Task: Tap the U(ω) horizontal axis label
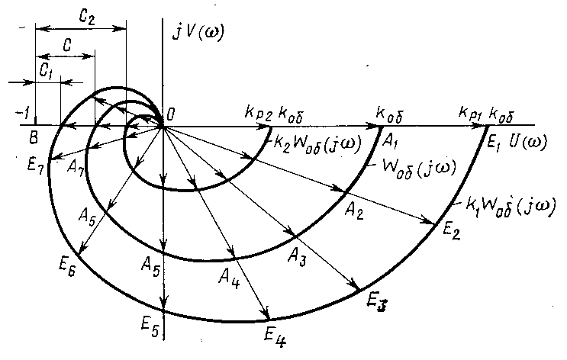pos(525,141)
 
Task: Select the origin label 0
pos(171,114)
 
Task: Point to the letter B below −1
pos(32,138)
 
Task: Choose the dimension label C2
pos(85,14)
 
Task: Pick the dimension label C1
pos(47,69)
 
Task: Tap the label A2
pos(353,210)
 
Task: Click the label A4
pos(228,273)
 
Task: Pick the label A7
pos(75,169)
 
